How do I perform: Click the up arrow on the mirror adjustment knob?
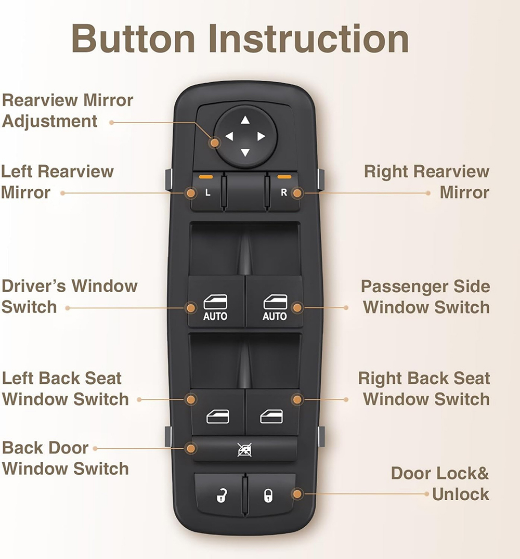pyautogui.click(x=245, y=120)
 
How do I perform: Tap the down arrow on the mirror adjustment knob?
pyautogui.click(x=245, y=152)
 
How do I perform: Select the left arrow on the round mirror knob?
pyautogui.click(x=229, y=136)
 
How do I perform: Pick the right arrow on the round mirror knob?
pyautogui.click(x=261, y=136)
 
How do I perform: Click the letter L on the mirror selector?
pyautogui.click(x=208, y=193)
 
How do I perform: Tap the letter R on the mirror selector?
pyautogui.click(x=284, y=192)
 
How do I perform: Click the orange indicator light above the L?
pyautogui.click(x=206, y=176)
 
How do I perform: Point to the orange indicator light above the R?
pyautogui.click(x=284, y=176)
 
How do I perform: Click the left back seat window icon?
pyautogui.click(x=217, y=417)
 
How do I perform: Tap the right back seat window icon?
pyautogui.click(x=271, y=417)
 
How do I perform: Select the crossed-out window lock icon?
pyautogui.click(x=245, y=450)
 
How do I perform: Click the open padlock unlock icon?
pyautogui.click(x=222, y=496)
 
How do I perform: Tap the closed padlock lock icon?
pyautogui.click(x=268, y=496)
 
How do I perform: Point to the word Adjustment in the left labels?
pyautogui.click(x=49, y=121)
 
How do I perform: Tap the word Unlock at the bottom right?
pyautogui.click(x=461, y=495)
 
